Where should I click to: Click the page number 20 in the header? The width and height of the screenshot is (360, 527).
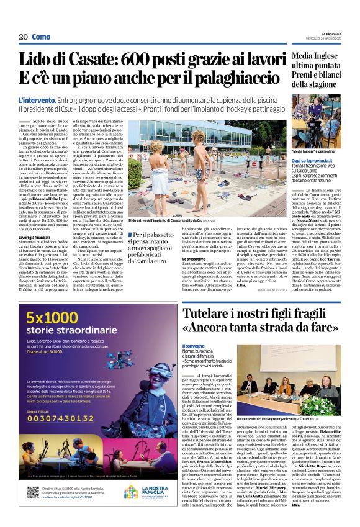[x=23, y=37]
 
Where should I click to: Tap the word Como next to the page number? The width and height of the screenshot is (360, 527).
[x=41, y=37]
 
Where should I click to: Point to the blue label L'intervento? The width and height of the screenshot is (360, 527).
[x=38, y=99]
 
